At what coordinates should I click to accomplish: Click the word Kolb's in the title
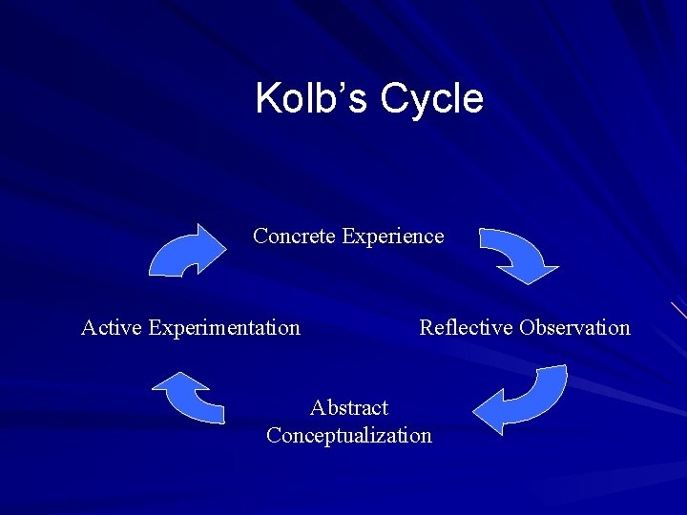[312, 99]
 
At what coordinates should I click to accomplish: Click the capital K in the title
[267, 99]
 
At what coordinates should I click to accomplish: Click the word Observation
[574, 328]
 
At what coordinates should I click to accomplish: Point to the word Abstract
[349, 408]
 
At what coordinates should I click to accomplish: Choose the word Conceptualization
[349, 436]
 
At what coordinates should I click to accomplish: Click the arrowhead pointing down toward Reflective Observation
[529, 272]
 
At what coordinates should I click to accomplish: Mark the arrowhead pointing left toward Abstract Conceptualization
[489, 413]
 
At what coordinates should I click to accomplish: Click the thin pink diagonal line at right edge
[678, 310]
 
